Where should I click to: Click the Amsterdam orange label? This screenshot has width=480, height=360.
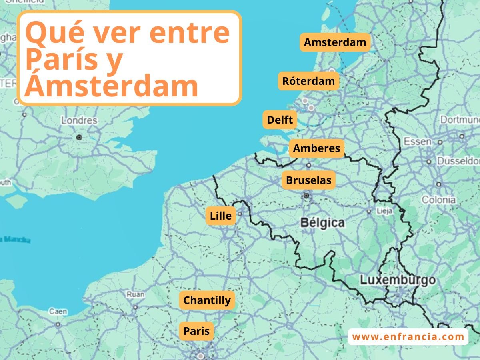[x=335, y=42]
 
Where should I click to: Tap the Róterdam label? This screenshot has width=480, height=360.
[x=308, y=81]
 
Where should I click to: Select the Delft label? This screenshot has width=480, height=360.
[x=280, y=120]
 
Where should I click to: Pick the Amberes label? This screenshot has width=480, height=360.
[x=316, y=148]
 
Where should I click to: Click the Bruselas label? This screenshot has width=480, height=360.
[x=308, y=180]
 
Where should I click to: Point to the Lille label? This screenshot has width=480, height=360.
[x=221, y=216]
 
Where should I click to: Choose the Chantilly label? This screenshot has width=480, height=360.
[x=207, y=300]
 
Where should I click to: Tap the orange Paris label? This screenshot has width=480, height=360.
[x=196, y=331]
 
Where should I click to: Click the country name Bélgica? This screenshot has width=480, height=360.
[x=322, y=222]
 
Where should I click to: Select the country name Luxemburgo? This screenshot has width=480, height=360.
[x=398, y=280]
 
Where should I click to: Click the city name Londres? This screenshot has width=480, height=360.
[x=79, y=120]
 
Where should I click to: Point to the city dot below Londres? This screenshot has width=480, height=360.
[x=79, y=137]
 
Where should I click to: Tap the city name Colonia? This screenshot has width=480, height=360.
[x=438, y=200]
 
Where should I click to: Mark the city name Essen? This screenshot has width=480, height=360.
[x=417, y=141]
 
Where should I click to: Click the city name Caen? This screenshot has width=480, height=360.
[x=58, y=311]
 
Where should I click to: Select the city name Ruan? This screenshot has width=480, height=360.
[x=135, y=294]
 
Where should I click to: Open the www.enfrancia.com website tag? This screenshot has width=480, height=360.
[x=408, y=337]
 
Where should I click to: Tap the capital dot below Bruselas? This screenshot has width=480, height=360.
[x=306, y=196]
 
